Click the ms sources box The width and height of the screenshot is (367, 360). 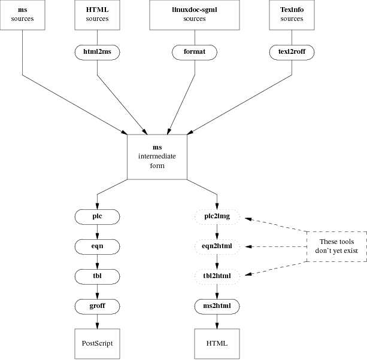23,14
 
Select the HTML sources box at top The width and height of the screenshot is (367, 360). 98,14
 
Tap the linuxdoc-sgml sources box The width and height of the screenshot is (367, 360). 195,14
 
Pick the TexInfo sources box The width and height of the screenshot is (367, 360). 292,14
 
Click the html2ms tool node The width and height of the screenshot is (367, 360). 98,52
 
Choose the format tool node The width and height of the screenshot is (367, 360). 195,52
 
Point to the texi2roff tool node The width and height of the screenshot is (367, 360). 292,52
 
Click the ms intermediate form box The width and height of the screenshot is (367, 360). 157,157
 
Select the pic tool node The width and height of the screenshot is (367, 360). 98,215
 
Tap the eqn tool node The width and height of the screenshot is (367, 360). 98,245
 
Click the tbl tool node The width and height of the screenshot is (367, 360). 98,276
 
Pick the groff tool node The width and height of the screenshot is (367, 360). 98,306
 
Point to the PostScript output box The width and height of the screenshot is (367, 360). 98,344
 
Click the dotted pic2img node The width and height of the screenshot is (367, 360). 217,215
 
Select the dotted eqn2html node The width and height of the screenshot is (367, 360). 217,245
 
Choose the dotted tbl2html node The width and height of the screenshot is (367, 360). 217,276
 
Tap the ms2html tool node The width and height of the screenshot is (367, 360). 217,306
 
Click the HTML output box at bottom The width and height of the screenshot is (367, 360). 217,344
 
